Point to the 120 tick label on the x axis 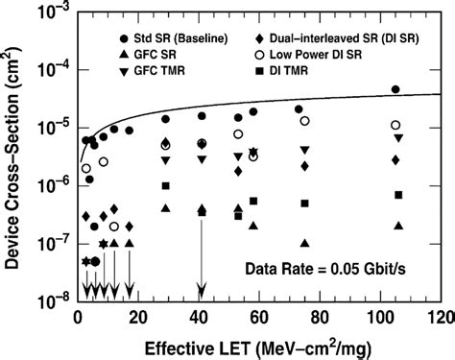[x=441, y=318]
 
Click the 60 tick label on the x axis [x=259, y=318]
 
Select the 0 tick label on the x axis [x=78, y=318]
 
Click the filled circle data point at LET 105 [x=395, y=89]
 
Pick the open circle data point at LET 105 [x=395, y=126]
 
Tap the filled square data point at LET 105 [x=397, y=195]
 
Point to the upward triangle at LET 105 [x=397, y=226]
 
